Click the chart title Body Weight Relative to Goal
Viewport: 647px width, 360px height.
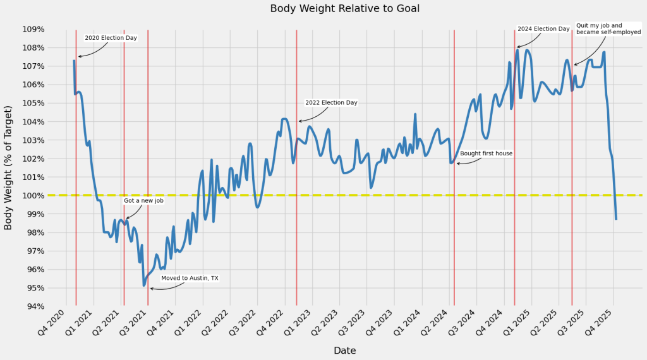[344, 9]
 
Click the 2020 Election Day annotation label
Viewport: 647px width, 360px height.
[111, 38]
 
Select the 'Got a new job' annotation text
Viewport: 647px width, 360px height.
[143, 201]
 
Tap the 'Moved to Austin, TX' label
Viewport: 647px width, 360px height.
[190, 278]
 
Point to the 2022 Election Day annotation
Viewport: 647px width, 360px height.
[331, 102]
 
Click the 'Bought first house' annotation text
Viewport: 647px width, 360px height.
[486, 153]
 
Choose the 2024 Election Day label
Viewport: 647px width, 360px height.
[543, 29]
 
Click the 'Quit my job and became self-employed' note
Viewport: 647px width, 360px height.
[608, 28]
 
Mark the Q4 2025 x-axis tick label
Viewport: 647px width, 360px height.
[601, 323]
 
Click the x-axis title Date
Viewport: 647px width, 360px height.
[344, 351]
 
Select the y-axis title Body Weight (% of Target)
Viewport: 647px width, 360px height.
[9, 167]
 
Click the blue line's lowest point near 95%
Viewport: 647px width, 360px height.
[144, 285]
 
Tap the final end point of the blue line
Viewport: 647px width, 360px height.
[616, 219]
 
